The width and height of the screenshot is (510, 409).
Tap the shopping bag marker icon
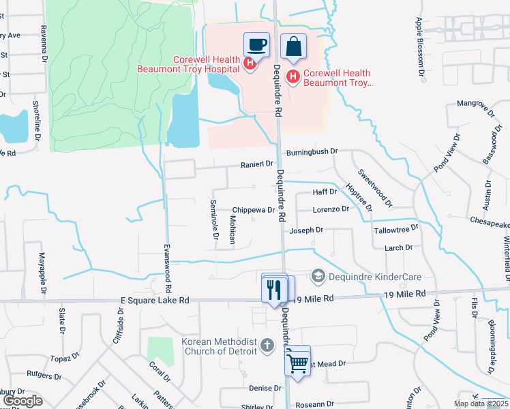(x=293, y=47)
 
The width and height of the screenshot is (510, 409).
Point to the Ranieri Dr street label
(x=256, y=164)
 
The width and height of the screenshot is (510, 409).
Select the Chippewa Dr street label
(x=253, y=211)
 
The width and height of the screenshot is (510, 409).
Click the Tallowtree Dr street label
(x=396, y=230)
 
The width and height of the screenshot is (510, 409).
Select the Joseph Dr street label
(x=306, y=231)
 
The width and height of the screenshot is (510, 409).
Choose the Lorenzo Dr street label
(x=331, y=209)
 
